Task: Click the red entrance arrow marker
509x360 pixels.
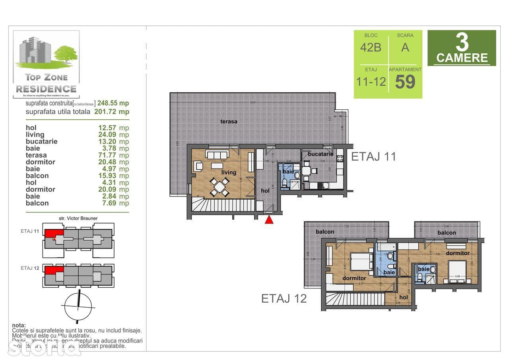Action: point(269,219)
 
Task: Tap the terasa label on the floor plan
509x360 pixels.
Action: point(229,121)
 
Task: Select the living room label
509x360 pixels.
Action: point(229,172)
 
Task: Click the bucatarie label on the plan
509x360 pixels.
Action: point(320,154)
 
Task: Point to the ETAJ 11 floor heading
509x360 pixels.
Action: point(373,156)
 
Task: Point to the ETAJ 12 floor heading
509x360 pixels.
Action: point(284,298)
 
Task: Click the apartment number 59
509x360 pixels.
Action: point(405,82)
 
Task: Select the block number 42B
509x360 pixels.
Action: point(371,48)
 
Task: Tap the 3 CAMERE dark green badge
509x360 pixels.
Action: point(462,48)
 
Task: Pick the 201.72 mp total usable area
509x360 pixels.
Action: point(112,111)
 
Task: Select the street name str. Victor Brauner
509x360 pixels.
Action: point(78,218)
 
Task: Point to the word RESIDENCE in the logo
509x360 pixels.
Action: point(46,88)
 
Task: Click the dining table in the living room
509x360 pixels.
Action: point(220,187)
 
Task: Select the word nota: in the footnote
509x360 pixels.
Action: point(19,325)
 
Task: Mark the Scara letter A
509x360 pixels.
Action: point(405,48)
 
